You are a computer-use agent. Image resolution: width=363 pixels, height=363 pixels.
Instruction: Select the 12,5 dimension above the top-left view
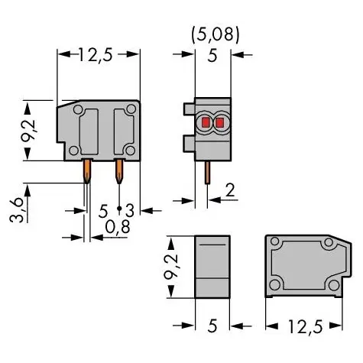[96, 54]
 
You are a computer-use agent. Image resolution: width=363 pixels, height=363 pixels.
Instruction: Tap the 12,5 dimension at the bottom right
[306, 326]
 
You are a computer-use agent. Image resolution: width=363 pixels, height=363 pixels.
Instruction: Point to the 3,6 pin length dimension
[16, 211]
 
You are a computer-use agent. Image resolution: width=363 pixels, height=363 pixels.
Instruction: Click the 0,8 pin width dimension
[118, 227]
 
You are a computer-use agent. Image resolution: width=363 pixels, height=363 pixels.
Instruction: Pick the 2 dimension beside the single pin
[230, 190]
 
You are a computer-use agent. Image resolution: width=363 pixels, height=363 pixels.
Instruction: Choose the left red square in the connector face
[206, 122]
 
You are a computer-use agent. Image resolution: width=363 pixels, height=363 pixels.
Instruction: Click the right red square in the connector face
[219, 123]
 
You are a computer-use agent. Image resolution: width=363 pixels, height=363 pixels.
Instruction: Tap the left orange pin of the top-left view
[87, 170]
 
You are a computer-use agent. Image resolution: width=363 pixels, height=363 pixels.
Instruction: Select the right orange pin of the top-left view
[119, 170]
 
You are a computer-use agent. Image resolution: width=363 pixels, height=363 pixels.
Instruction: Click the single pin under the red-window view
[208, 172]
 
